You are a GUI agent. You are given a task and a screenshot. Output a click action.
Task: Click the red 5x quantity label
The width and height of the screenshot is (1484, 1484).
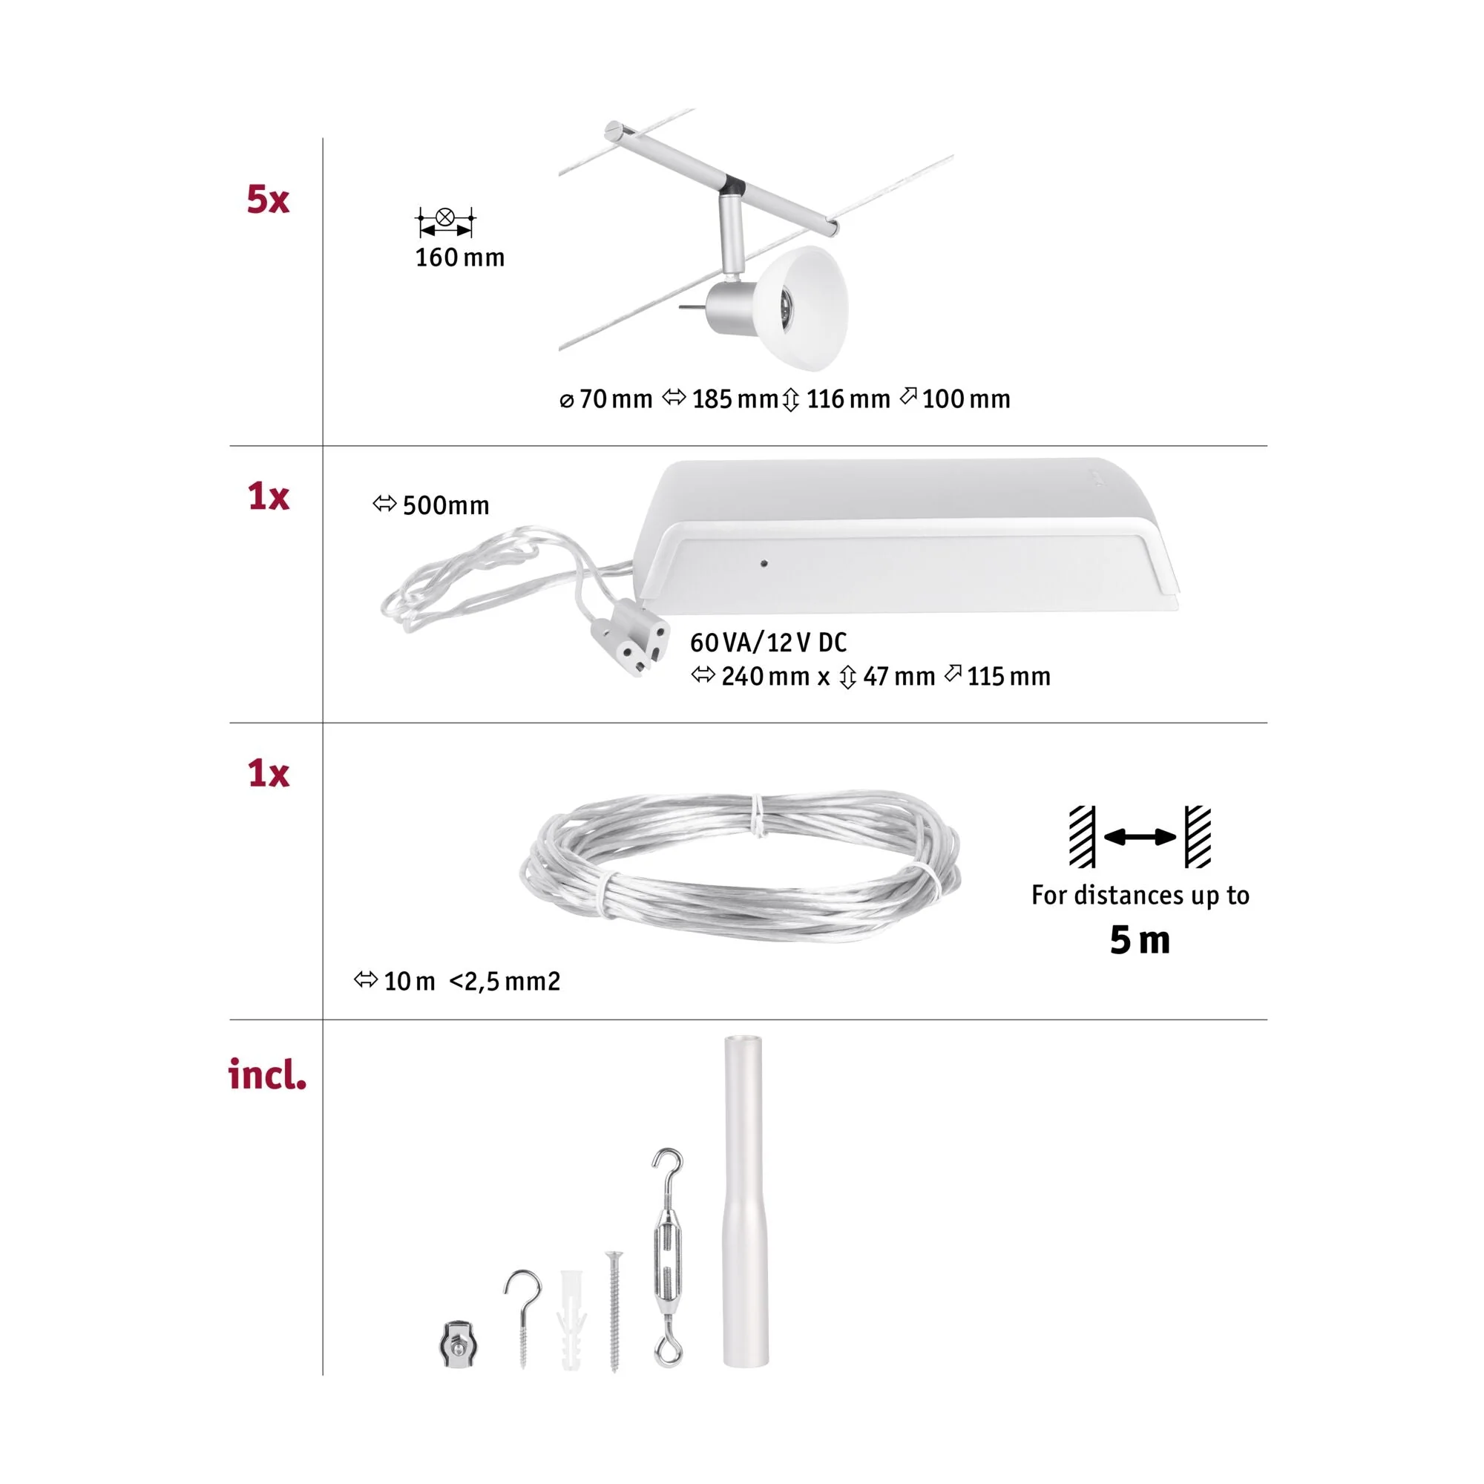pos(267,199)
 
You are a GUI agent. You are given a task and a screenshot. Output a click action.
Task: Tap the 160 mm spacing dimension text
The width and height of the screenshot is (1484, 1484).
pos(459,257)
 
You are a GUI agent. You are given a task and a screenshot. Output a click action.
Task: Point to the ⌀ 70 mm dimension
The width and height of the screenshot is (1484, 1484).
pos(606,399)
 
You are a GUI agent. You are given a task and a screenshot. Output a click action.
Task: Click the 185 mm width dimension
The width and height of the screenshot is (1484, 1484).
pos(720,399)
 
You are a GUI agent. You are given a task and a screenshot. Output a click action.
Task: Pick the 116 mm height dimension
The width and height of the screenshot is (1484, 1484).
pos(836,399)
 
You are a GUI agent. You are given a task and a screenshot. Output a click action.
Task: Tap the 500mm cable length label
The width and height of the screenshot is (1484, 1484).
pos(431,505)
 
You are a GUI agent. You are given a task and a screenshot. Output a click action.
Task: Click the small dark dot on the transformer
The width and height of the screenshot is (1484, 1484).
pos(764,563)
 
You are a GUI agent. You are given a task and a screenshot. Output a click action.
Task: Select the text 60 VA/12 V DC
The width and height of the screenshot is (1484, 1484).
pos(768,642)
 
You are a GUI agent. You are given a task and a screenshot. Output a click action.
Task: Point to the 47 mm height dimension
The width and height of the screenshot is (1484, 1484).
pos(887,677)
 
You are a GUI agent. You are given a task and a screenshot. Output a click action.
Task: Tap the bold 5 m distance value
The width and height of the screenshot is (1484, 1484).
pos(1140,940)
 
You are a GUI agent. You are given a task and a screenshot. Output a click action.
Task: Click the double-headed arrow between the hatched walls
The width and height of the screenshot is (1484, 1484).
pos(1140,836)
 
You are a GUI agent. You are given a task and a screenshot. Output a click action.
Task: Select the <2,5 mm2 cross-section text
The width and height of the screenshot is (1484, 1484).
pos(505,981)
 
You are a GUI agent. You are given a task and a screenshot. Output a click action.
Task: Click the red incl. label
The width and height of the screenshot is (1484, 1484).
pos(267,1074)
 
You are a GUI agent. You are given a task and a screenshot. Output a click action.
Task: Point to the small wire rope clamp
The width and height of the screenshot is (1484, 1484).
pos(459,1345)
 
